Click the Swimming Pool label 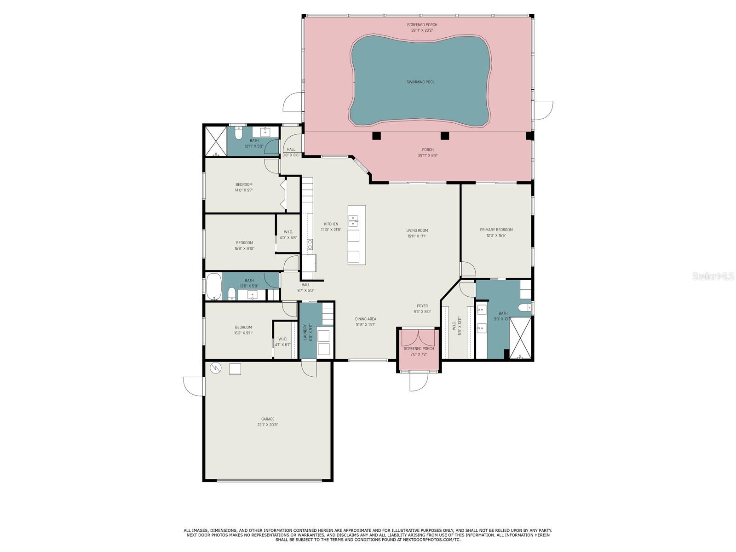(x=420, y=82)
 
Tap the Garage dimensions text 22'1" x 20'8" (x=268, y=425)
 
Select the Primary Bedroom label (x=496, y=230)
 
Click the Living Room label (x=417, y=230)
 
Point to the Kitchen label (x=331, y=224)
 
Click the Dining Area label (x=365, y=319)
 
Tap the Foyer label (x=422, y=306)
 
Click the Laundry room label (x=305, y=332)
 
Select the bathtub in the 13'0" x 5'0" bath (x=213, y=287)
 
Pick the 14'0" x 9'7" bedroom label (x=244, y=184)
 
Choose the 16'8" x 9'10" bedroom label (x=244, y=243)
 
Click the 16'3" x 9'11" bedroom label (x=243, y=328)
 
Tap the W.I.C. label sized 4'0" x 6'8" (x=288, y=232)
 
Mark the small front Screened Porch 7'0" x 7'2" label (x=419, y=349)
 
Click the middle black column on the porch (x=444, y=136)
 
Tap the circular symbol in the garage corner (x=215, y=368)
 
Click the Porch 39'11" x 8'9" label (x=428, y=149)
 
